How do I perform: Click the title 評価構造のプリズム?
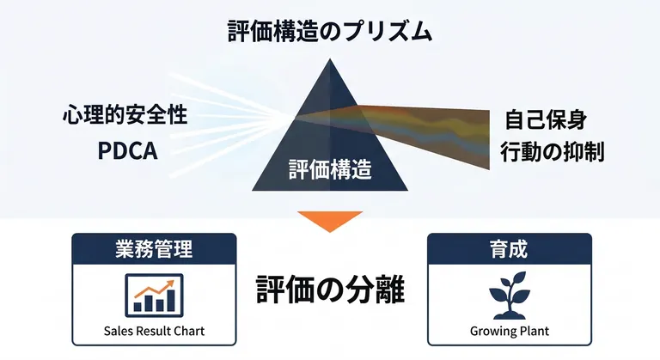pos(330,32)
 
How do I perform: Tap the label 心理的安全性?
pos(125,115)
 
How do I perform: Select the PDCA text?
pos(127,150)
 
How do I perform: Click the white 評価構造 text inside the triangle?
pos(330,169)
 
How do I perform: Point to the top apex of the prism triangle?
pos(330,58)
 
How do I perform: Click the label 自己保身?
pos(546,119)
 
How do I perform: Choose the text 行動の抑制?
pos(553,151)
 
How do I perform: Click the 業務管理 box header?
pos(154,248)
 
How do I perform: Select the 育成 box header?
pos(510,248)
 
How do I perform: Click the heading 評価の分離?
pos(330,290)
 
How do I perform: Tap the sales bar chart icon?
pos(155,296)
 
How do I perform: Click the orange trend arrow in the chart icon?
pos(155,290)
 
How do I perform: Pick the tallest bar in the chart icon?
pos(170,300)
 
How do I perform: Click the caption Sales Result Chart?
pos(154,331)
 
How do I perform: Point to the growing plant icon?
pos(510,296)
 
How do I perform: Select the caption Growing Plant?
pos(510,332)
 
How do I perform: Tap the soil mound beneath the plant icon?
pos(510,314)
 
